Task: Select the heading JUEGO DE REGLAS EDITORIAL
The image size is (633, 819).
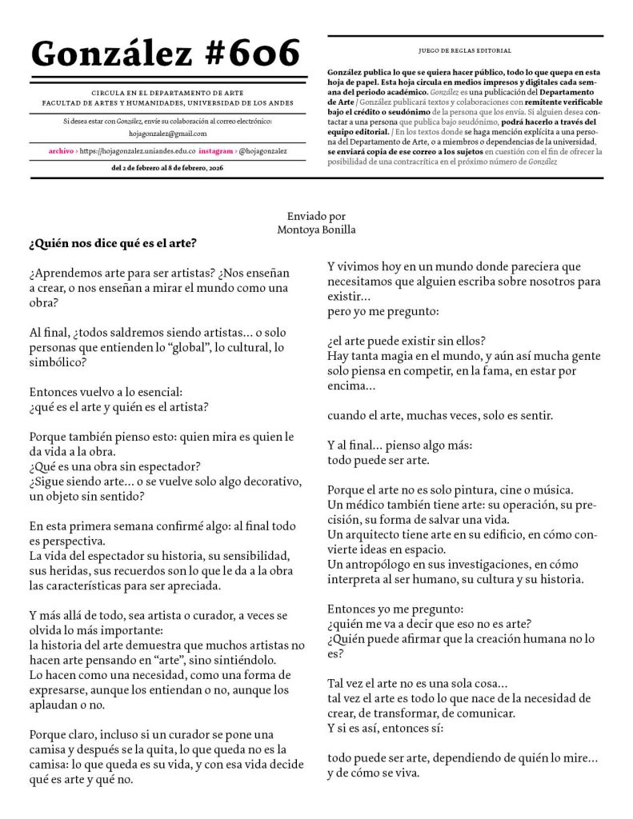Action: click(465, 50)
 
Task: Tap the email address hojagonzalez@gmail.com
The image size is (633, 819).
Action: click(168, 134)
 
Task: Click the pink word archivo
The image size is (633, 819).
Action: click(61, 150)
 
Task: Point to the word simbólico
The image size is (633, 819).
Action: click(56, 362)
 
